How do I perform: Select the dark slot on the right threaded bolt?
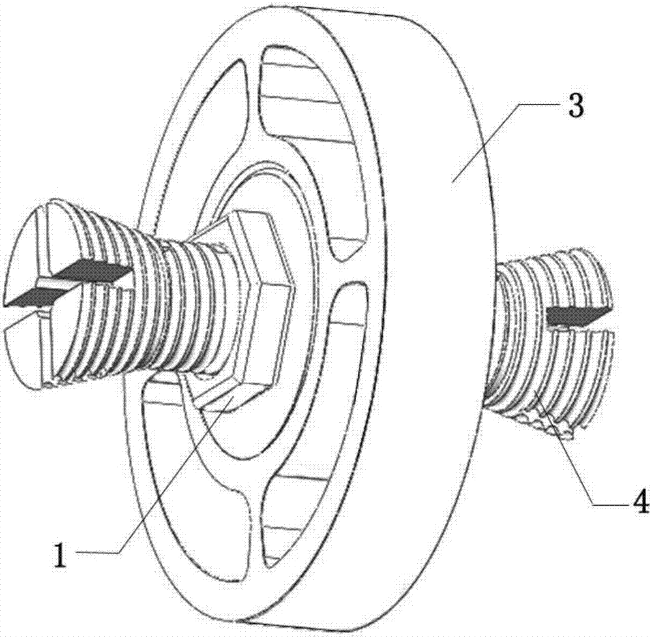[x=577, y=316]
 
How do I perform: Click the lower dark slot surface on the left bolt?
[x=29, y=298]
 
